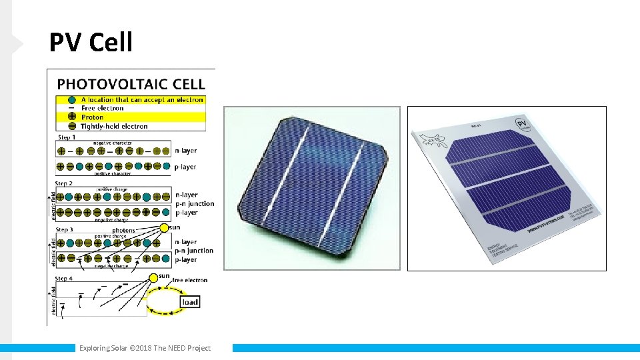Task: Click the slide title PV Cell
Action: point(91,43)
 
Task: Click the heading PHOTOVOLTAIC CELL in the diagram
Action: point(131,84)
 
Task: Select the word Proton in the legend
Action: point(93,117)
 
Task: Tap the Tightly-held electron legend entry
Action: point(114,126)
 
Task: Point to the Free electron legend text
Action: point(102,108)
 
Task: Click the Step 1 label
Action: point(67,137)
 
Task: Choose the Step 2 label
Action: point(65,183)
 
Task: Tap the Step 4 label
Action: point(65,278)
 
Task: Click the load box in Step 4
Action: point(190,302)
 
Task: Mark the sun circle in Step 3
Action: point(164,228)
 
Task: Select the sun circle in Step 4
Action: point(153,277)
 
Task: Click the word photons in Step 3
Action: point(124,231)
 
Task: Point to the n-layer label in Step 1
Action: point(185,151)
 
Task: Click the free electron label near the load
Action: point(190,280)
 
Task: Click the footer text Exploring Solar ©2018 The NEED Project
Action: point(145,348)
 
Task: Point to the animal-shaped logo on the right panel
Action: point(429,141)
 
